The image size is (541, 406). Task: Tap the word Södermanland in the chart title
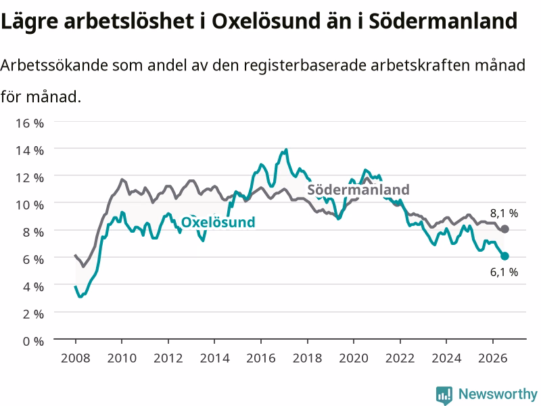(x=443, y=21)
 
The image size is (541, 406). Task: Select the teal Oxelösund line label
(x=218, y=222)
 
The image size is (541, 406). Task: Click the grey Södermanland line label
(x=358, y=189)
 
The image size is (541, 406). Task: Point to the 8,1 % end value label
(x=504, y=213)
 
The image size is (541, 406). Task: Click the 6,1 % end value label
(x=504, y=272)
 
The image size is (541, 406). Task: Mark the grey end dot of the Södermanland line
(x=504, y=229)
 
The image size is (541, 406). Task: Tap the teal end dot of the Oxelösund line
(x=504, y=256)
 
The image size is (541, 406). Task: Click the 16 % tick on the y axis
(x=30, y=123)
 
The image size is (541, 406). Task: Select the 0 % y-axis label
(x=33, y=341)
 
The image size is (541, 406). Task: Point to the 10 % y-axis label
(x=30, y=205)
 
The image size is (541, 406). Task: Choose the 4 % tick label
(x=33, y=286)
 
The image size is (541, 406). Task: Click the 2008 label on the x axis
(x=76, y=358)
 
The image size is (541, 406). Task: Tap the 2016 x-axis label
(x=261, y=358)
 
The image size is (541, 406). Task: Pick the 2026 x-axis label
(x=493, y=358)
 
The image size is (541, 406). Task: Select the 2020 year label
(x=354, y=358)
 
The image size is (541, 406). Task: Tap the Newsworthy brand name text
(x=498, y=394)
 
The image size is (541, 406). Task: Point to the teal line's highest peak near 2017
(x=285, y=150)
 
